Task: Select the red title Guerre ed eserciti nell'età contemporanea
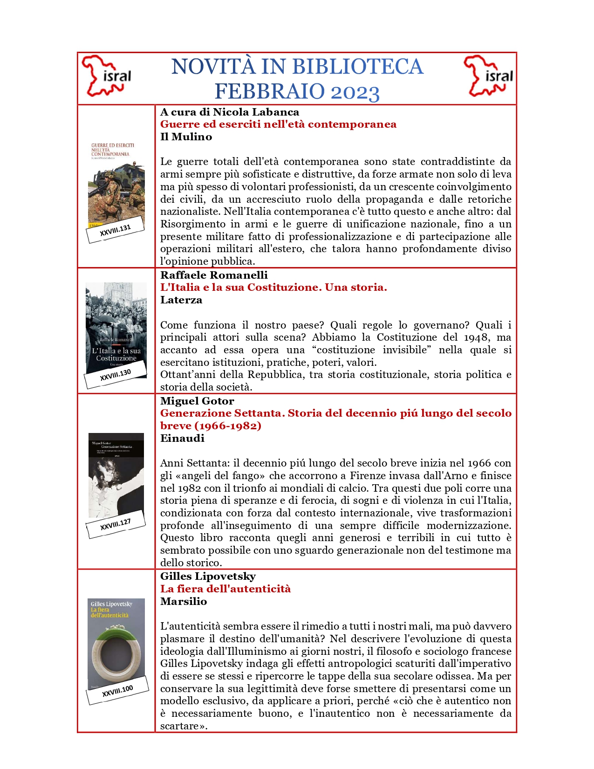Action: tap(278, 124)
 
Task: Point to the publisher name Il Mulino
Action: tap(186, 137)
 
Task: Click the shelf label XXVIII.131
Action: tap(116, 230)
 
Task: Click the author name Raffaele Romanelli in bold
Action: tap(214, 275)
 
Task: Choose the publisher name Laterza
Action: tap(181, 300)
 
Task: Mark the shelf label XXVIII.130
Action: tap(116, 375)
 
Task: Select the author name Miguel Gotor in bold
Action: tap(197, 401)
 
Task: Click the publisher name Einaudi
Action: tap(182, 438)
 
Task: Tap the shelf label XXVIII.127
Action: tap(116, 525)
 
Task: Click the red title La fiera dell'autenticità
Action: tap(225, 589)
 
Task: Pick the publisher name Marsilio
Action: tap(184, 601)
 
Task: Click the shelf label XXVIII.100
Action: tap(117, 691)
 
